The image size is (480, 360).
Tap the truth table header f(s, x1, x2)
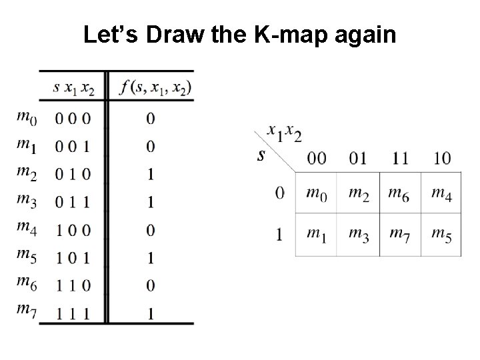click(153, 87)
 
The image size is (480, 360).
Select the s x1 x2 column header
click(73, 87)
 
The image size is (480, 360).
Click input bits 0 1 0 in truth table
click(73, 174)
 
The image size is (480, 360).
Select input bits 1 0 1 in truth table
click(73, 257)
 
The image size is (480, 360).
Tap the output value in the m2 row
click(150, 174)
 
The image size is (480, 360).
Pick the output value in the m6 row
click(150, 285)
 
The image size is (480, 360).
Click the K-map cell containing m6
click(399, 193)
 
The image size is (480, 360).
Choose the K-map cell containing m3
click(358, 234)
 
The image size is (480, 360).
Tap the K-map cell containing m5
click(441, 234)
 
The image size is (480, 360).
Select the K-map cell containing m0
click(316, 193)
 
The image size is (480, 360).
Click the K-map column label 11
click(399, 158)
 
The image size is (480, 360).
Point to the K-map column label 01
click(358, 158)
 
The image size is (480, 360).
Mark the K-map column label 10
click(441, 158)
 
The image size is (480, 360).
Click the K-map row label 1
click(280, 234)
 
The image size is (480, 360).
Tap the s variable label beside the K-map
click(262, 156)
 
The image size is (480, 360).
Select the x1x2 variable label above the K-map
click(284, 133)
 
